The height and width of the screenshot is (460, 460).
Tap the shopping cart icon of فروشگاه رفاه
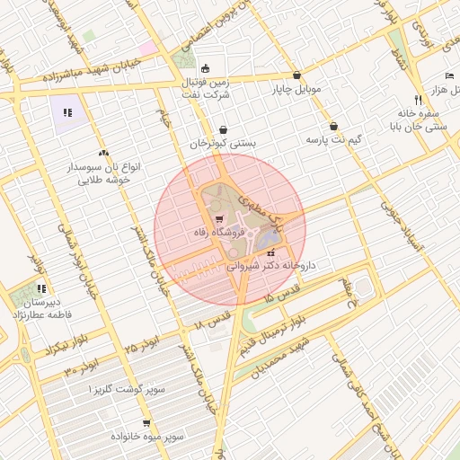click(x=218, y=219)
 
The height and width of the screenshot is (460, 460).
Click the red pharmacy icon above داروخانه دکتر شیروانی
click(x=271, y=253)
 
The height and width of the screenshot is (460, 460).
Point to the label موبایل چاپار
click(x=296, y=90)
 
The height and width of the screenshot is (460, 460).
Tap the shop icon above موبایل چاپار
click(x=297, y=76)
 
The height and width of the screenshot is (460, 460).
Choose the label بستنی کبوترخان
click(x=223, y=143)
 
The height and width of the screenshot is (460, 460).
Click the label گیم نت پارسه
click(x=334, y=140)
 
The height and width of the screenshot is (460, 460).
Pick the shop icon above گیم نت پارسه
click(x=334, y=127)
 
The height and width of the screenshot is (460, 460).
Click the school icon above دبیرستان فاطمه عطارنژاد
click(x=41, y=289)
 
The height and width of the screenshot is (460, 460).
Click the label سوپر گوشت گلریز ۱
click(x=128, y=389)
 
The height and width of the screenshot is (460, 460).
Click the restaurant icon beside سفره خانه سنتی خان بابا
click(x=418, y=100)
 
